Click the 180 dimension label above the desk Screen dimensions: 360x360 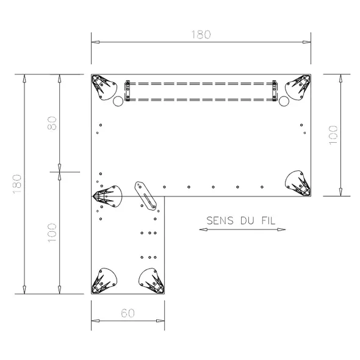tap(201, 35)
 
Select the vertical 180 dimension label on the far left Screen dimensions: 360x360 tap(17, 184)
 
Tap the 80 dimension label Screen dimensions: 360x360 tap(52, 123)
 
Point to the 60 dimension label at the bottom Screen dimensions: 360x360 tap(128, 313)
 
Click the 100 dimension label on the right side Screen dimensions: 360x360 tap(333, 135)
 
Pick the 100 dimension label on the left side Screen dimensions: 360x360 tap(52, 232)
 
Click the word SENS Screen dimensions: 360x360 tap(220, 221)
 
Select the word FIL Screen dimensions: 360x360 tap(268, 221)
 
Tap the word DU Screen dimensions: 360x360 tap(247, 221)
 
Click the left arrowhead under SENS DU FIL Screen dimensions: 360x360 tap(203, 229)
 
